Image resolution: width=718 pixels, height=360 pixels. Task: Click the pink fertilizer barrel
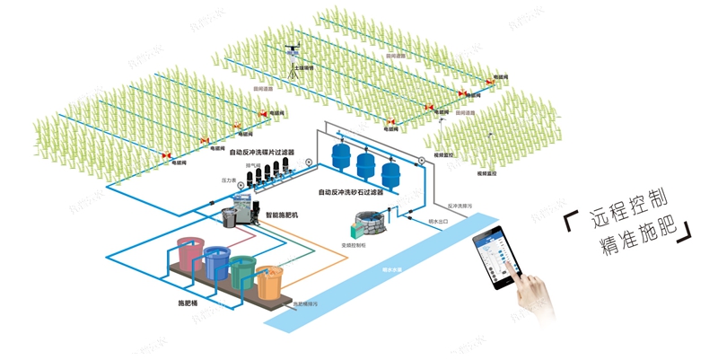click(189, 254)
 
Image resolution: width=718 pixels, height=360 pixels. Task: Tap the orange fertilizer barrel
click(269, 282)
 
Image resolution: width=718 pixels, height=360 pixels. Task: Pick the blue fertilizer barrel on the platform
click(216, 263)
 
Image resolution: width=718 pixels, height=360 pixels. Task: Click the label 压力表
click(229, 180)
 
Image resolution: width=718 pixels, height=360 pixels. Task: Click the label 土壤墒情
click(302, 67)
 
